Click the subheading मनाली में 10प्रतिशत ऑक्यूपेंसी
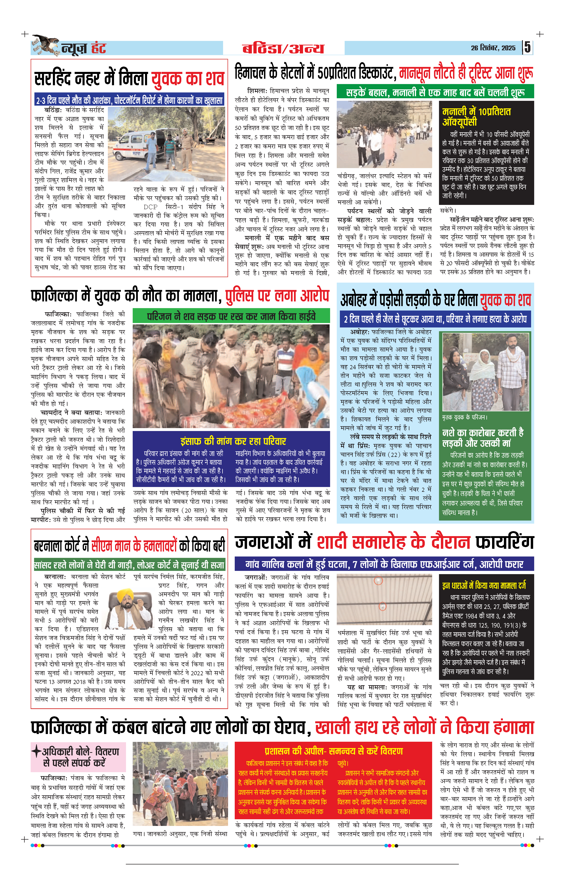[476, 116]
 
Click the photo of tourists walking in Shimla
[384, 134]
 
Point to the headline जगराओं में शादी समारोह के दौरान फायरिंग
[384, 542]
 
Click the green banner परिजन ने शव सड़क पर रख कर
[231, 316]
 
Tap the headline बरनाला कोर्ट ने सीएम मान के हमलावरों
[129, 546]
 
